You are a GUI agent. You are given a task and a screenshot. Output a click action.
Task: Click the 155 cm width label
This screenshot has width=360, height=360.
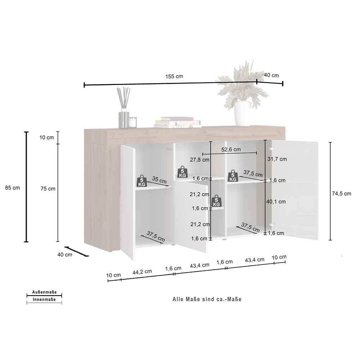[x=174, y=76]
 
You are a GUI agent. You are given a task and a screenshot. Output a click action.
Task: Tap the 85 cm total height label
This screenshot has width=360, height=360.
[x=12, y=188]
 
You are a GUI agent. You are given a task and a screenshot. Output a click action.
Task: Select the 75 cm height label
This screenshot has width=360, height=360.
[x=48, y=189]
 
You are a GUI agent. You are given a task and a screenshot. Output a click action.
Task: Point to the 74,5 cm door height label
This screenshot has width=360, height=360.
[x=341, y=194]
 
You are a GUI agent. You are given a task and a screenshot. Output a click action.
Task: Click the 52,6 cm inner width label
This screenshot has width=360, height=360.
[x=231, y=149]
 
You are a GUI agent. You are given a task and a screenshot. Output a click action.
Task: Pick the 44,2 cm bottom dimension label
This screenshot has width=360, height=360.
[x=142, y=272]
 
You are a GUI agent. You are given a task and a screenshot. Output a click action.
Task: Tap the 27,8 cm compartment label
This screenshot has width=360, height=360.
[x=199, y=159]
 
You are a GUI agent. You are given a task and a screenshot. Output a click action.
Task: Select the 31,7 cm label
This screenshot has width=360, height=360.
[x=277, y=159]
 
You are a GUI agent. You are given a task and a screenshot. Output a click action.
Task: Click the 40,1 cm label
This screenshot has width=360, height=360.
[x=276, y=202]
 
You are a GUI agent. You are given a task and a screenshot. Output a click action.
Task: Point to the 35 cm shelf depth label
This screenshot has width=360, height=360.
[x=159, y=180]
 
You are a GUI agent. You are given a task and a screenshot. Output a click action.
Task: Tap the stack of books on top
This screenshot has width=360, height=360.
[x=177, y=122]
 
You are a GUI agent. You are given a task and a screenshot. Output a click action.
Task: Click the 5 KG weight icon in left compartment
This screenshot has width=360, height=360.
[x=141, y=181]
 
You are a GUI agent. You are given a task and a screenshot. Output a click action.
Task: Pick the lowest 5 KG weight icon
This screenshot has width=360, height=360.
[x=216, y=201]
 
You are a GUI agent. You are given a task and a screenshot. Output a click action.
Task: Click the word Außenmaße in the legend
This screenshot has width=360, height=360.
[x=44, y=292]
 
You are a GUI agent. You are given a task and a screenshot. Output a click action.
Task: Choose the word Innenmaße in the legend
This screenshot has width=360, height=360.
[x=44, y=300]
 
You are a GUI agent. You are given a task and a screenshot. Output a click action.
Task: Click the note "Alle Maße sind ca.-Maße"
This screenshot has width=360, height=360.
[x=207, y=299]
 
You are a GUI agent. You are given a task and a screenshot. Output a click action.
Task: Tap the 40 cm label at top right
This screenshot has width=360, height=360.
[x=271, y=75]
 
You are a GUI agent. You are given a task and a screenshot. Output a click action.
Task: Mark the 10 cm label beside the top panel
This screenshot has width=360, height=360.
[x=46, y=138]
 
